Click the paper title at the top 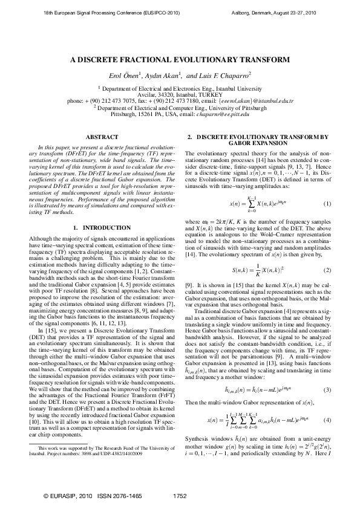(180, 60)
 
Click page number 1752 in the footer (180, 495)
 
